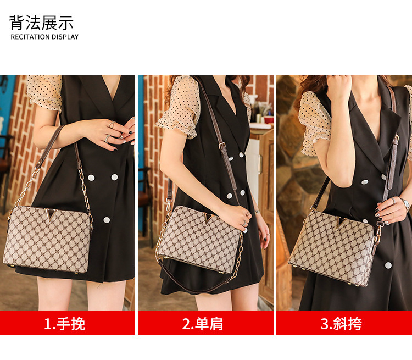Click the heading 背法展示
point(41,23)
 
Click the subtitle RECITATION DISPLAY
point(44,37)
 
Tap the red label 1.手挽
point(65,324)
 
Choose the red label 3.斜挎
point(341,324)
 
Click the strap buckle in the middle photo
point(222,146)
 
